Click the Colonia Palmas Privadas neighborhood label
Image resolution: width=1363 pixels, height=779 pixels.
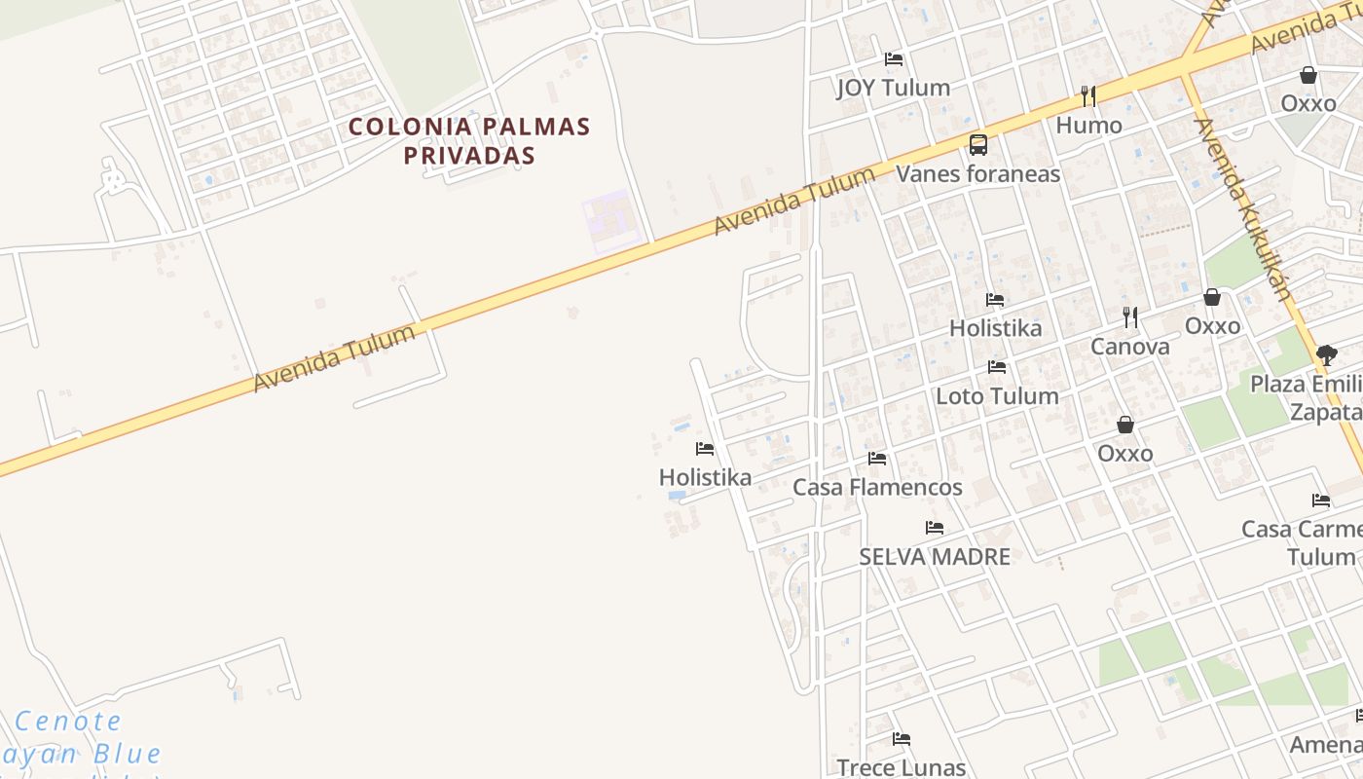pos(469,140)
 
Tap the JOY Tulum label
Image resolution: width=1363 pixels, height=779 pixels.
pos(893,88)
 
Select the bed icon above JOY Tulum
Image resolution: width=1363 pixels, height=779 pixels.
pos(894,59)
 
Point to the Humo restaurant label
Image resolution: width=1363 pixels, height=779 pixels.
pos(1088,125)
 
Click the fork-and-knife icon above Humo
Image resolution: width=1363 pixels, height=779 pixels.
pos(1088,96)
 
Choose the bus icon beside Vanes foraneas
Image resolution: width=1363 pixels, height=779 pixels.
pos(977,145)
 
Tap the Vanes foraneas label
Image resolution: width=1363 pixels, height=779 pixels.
pos(977,174)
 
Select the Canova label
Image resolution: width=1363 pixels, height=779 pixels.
pos(1129,347)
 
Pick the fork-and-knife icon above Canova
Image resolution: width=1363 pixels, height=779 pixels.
pos(1129,316)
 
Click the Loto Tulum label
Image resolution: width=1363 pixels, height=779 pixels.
pos(997,396)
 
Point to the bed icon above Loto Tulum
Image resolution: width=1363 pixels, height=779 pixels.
pos(997,367)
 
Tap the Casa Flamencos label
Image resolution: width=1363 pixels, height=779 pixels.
pos(877,487)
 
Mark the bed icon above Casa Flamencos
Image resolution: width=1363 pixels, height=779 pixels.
pos(877,458)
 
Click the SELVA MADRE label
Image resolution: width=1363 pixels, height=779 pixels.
pos(935,557)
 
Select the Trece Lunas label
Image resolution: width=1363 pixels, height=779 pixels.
pos(901,767)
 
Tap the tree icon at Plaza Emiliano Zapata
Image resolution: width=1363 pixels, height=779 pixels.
pos(1326,355)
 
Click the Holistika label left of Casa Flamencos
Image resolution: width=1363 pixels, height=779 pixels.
pos(705,477)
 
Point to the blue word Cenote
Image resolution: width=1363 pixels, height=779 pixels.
pos(69,722)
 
